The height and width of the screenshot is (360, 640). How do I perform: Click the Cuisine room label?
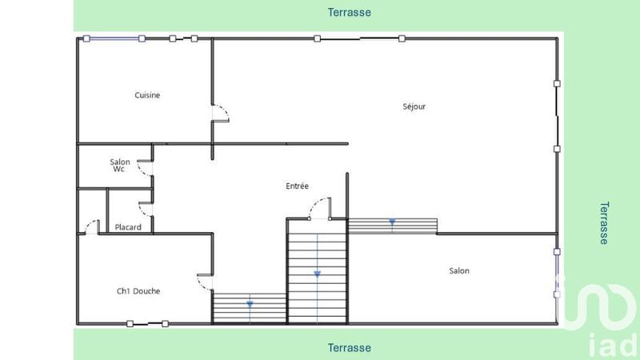147,95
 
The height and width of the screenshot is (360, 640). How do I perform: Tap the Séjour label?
414,106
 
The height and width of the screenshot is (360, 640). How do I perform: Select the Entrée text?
297,186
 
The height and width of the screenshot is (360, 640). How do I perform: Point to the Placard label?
128,227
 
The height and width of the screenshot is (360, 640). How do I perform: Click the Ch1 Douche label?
138,291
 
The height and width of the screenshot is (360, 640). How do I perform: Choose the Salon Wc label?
120,166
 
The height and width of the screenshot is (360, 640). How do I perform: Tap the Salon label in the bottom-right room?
459,271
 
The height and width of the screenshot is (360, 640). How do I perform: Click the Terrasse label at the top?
350,12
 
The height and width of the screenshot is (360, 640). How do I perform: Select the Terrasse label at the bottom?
350,348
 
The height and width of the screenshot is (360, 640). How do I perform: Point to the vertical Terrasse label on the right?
604,222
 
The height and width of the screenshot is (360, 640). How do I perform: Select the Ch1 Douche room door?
205,281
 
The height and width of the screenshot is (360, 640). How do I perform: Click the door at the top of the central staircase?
318,209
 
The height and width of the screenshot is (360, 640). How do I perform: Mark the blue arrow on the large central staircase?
318,274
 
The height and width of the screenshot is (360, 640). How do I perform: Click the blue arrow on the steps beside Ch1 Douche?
250,304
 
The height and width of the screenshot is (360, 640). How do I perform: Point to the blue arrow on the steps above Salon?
392,222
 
